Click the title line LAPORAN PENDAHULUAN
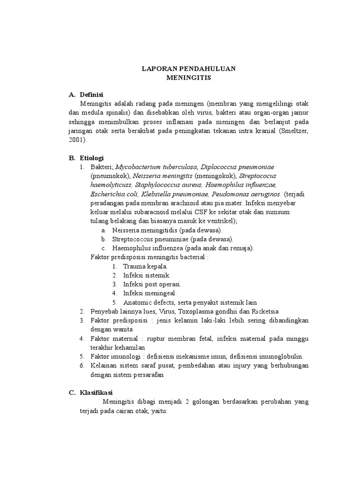189,69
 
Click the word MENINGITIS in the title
189,78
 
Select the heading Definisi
91,94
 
